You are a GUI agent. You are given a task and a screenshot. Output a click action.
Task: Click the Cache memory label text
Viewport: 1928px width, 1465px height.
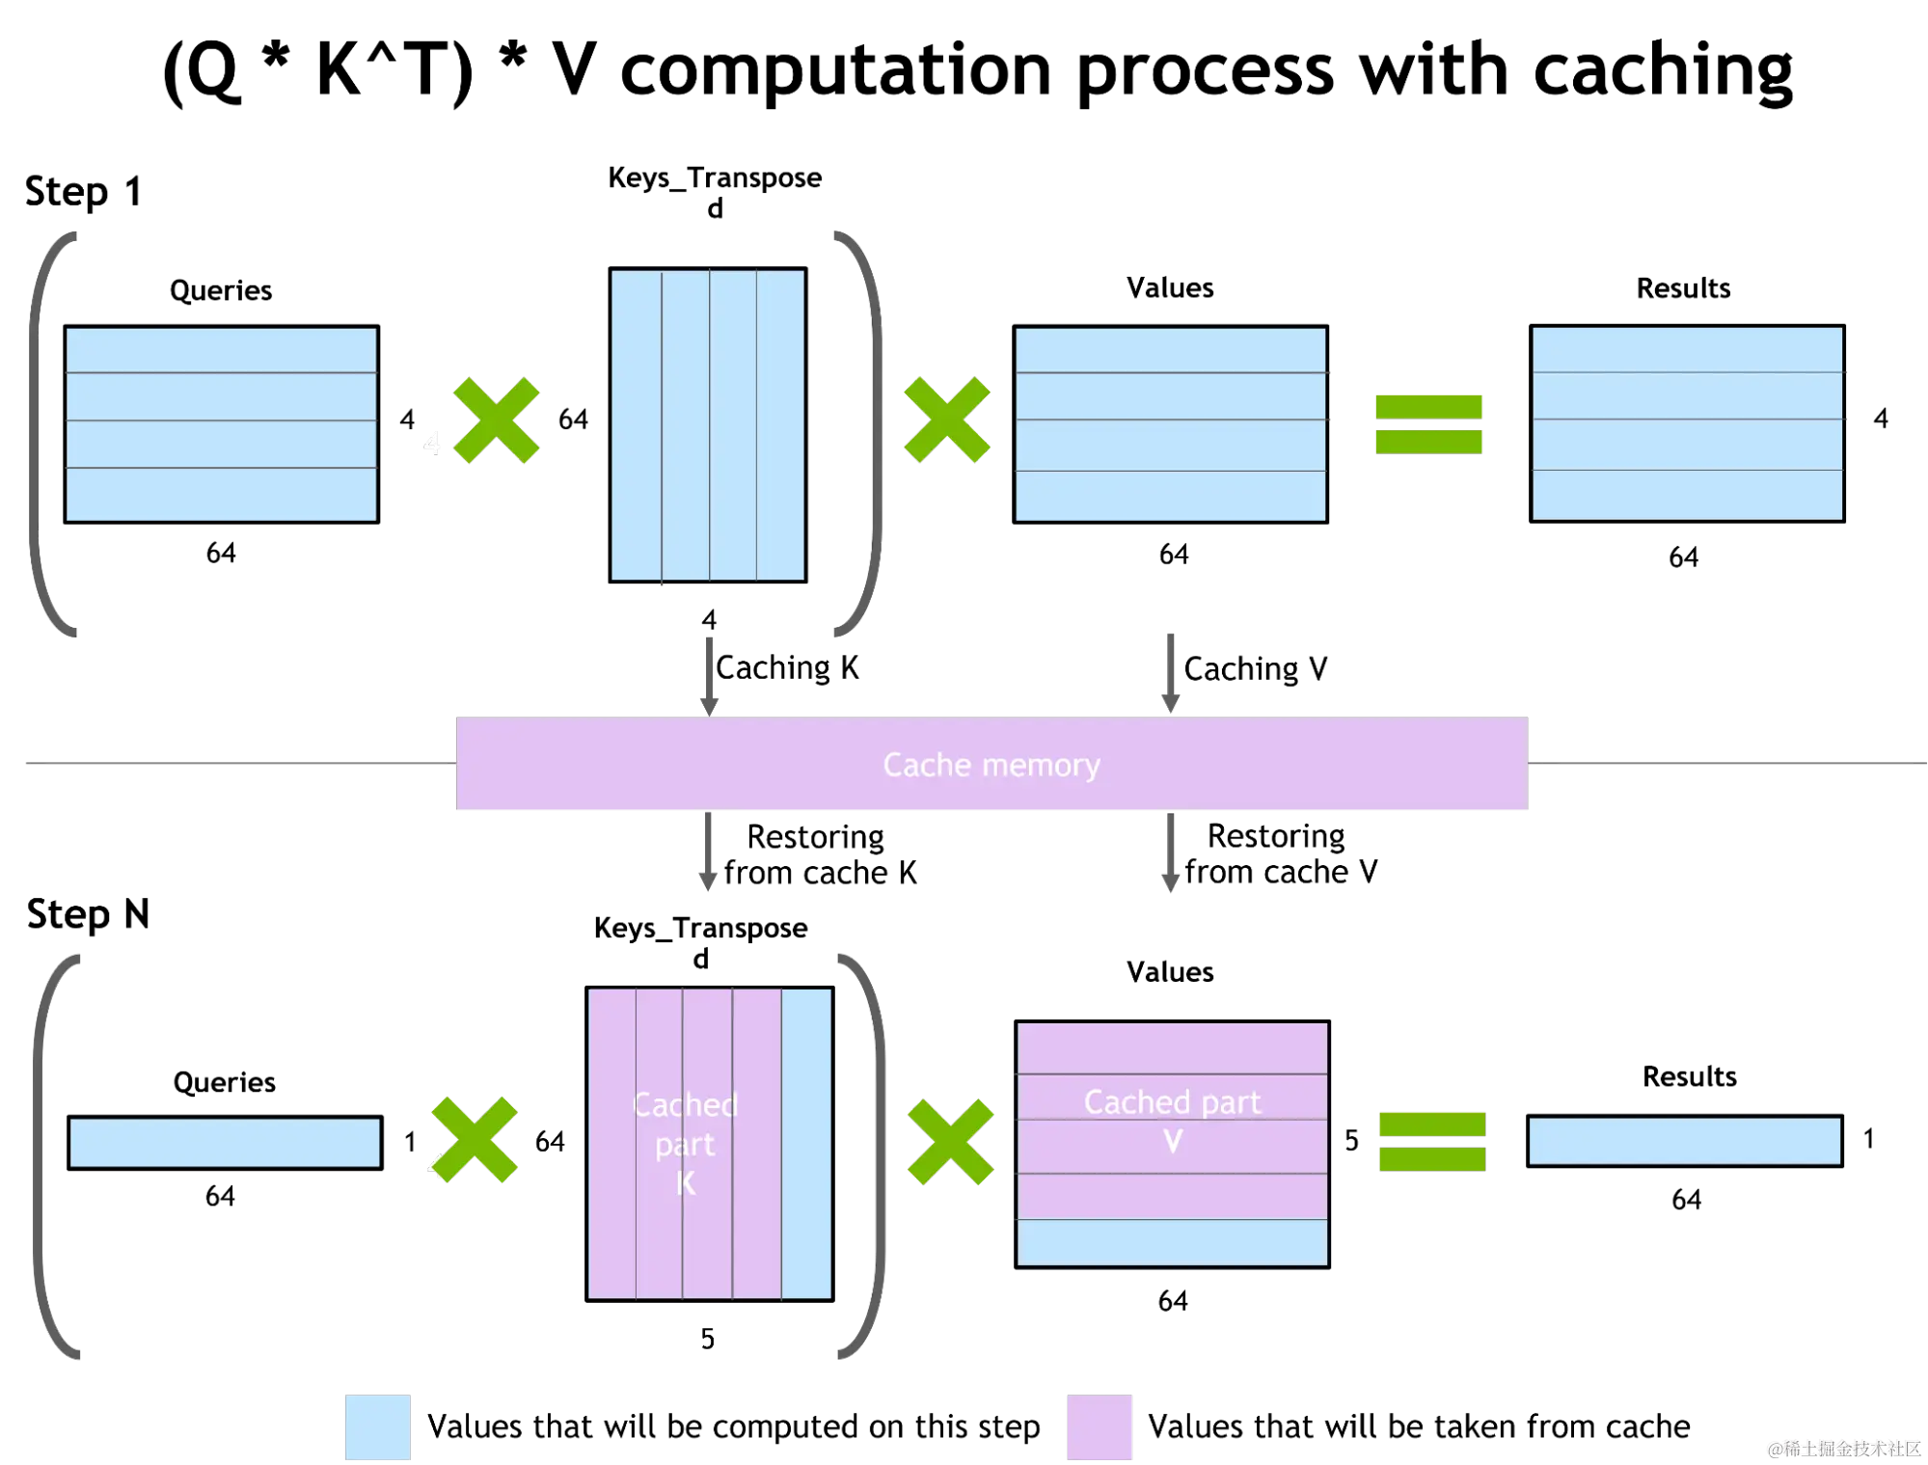991,765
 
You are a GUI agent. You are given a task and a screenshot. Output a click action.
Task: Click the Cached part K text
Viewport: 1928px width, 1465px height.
685,1143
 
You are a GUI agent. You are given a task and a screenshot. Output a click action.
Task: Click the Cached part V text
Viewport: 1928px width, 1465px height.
1172,1119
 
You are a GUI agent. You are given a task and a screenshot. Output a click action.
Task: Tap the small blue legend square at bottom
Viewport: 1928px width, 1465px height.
378,1426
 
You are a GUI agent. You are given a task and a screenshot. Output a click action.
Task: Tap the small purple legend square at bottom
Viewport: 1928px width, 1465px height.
1100,1426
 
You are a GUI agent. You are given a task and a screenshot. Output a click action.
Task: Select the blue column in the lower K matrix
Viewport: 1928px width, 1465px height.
806,1144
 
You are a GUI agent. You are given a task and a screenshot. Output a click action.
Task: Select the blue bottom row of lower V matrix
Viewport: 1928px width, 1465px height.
1172,1242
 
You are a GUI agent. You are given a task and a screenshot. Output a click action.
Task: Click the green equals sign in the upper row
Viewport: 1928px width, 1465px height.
1428,423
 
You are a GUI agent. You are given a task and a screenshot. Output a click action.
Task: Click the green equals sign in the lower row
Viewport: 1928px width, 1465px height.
1432,1141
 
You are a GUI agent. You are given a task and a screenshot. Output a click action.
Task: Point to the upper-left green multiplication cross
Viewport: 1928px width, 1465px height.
496,421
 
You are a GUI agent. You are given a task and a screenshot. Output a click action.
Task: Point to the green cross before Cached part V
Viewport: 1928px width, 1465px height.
950,1142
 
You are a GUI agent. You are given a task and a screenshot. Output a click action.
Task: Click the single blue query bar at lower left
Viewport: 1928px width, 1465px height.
225,1143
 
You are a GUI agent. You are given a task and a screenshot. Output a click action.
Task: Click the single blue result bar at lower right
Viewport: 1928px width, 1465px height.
1684,1141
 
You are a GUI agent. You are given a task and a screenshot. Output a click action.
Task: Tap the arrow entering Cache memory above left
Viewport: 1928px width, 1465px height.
709,675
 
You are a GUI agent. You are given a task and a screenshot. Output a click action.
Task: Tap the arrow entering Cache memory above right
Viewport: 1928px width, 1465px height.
1170,673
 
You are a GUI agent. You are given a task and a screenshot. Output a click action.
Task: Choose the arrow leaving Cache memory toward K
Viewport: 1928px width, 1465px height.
709,854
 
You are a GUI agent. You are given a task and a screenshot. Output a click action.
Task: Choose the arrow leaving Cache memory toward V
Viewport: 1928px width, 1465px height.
1170,854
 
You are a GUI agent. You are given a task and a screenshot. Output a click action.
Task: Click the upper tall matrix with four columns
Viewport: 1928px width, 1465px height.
708,426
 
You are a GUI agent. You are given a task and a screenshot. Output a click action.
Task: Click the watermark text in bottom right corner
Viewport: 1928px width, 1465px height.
1843,1448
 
